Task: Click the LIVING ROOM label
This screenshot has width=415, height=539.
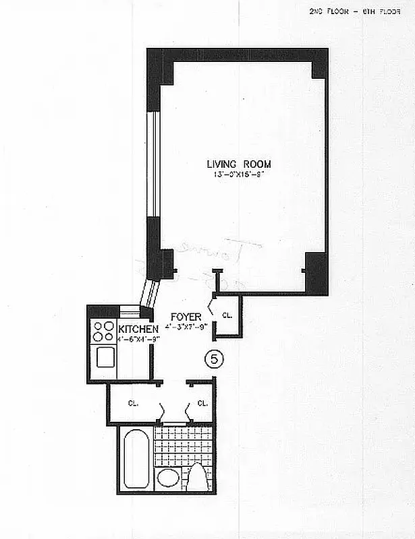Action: (240, 164)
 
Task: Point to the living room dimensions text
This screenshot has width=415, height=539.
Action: (240, 175)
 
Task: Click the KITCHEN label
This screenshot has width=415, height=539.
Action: (138, 328)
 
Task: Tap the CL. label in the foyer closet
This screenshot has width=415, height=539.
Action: (227, 315)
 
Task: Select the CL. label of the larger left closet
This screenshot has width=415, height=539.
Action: (134, 404)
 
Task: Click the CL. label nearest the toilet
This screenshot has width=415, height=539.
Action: (202, 404)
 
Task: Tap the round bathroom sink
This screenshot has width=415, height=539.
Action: (167, 479)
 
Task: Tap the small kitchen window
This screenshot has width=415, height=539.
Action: (130, 309)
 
